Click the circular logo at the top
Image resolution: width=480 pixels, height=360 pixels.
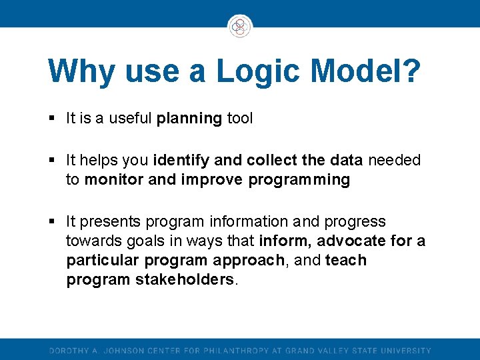[x=239, y=27]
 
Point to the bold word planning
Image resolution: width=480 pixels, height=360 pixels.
[x=189, y=119]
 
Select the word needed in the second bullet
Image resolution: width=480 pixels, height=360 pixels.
[x=395, y=160]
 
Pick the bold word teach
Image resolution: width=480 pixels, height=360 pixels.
[x=346, y=260]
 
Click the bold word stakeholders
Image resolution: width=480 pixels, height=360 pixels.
[x=185, y=279]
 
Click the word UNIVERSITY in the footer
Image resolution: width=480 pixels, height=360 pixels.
[x=407, y=351]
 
